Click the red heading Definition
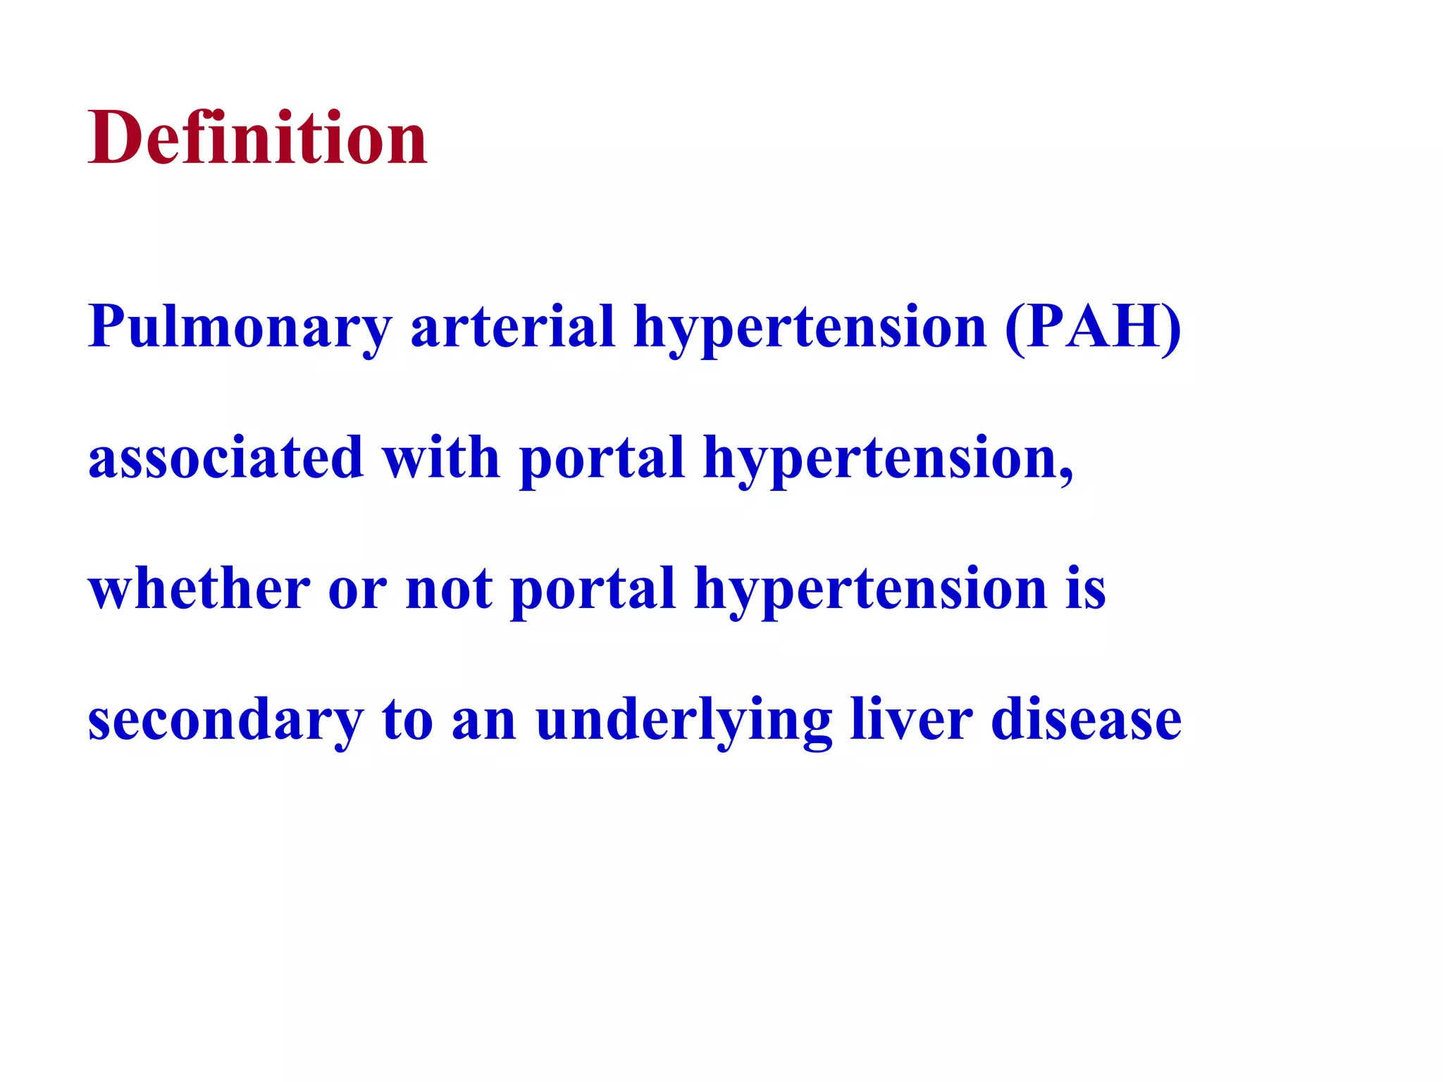(x=257, y=138)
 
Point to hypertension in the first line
(x=810, y=328)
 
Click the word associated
(x=225, y=458)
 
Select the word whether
(x=199, y=588)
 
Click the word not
(x=449, y=590)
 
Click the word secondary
(x=225, y=720)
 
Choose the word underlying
(x=683, y=720)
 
